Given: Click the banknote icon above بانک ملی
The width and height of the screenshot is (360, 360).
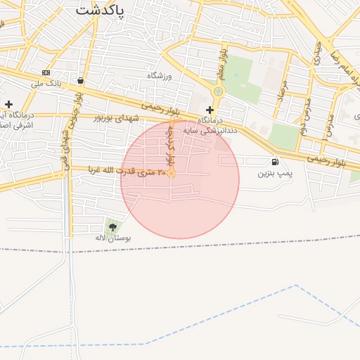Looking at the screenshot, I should pyautogui.click(x=46, y=72).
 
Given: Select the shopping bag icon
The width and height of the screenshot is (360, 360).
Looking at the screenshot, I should pyautogui.click(x=82, y=80).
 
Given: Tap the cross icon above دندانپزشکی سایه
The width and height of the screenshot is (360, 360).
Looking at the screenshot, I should pyautogui.click(x=210, y=110).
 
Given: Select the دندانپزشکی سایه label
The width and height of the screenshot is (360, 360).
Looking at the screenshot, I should pyautogui.click(x=210, y=130).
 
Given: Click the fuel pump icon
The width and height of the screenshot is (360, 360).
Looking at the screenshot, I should pyautogui.click(x=274, y=162).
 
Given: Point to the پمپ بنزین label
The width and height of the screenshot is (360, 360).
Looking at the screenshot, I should pyautogui.click(x=274, y=173).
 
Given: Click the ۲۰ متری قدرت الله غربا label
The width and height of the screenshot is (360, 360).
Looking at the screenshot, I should pyautogui.click(x=127, y=172).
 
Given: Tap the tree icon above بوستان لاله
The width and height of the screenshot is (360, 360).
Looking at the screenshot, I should pyautogui.click(x=112, y=226).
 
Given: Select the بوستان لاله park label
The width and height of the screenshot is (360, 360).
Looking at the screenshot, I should pyautogui.click(x=113, y=238).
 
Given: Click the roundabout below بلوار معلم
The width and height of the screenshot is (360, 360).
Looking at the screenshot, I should pyautogui.click(x=218, y=91).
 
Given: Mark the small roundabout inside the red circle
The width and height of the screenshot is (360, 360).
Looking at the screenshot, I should pyautogui.click(x=171, y=172).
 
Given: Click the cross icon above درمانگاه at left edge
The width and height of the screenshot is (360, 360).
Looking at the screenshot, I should pyautogui.click(x=8, y=104).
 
